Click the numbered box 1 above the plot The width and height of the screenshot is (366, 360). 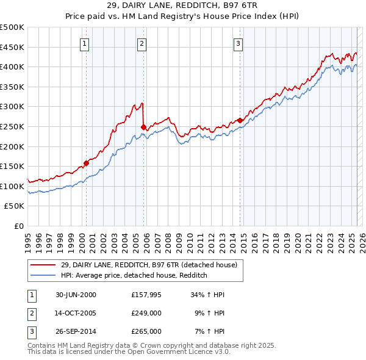(84, 43)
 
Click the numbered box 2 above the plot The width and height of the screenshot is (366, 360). (142, 43)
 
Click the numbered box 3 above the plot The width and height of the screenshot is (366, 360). (238, 43)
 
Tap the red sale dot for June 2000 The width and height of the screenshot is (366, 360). (87, 163)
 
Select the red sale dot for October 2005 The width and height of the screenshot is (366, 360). (143, 127)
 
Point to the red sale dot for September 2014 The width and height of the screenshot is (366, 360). (240, 120)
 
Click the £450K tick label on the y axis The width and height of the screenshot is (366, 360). (12, 47)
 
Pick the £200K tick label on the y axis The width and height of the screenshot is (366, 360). (12, 146)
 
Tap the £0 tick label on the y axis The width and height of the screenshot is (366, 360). (19, 226)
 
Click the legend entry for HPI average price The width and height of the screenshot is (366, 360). (134, 275)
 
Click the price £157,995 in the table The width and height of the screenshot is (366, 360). (146, 295)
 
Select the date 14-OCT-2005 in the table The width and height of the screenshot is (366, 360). (76, 313)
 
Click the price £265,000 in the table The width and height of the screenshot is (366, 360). (146, 331)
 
